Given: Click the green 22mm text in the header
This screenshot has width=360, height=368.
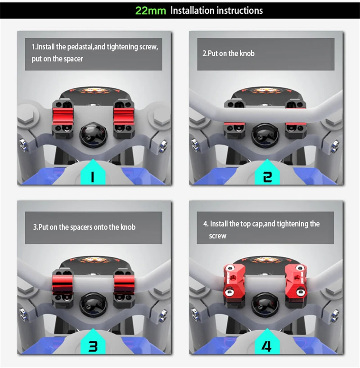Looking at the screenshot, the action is pyautogui.click(x=151, y=10).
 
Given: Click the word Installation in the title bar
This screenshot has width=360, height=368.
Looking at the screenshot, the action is pyautogui.click(x=192, y=10).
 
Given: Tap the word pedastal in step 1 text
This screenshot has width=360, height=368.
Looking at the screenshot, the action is pyautogui.click(x=80, y=47).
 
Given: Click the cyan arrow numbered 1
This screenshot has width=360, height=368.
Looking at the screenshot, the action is pyautogui.click(x=93, y=171).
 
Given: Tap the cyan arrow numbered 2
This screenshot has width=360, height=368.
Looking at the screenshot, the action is pyautogui.click(x=267, y=171).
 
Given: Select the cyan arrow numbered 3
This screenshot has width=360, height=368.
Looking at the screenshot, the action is pyautogui.click(x=93, y=341).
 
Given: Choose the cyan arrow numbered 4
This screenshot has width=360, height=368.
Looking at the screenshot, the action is pyautogui.click(x=267, y=341).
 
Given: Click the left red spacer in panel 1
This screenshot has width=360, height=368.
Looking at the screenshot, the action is pyautogui.click(x=63, y=117).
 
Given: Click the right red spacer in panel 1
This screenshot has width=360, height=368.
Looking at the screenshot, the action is pyautogui.click(x=124, y=117).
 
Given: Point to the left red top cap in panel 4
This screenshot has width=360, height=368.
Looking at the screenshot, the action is pyautogui.click(x=234, y=281).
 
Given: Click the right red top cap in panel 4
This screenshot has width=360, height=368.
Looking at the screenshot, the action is pyautogui.click(x=296, y=281).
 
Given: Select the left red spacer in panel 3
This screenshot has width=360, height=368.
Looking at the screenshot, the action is pyautogui.click(x=63, y=285).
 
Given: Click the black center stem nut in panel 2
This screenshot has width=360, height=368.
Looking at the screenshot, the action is pyautogui.click(x=265, y=135).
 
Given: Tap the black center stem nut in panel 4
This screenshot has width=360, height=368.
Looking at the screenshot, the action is pyautogui.click(x=265, y=305).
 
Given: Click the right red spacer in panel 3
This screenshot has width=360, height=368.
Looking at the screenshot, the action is pyautogui.click(x=124, y=285).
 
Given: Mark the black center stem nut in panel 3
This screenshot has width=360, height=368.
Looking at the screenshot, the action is pyautogui.click(x=93, y=305).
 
